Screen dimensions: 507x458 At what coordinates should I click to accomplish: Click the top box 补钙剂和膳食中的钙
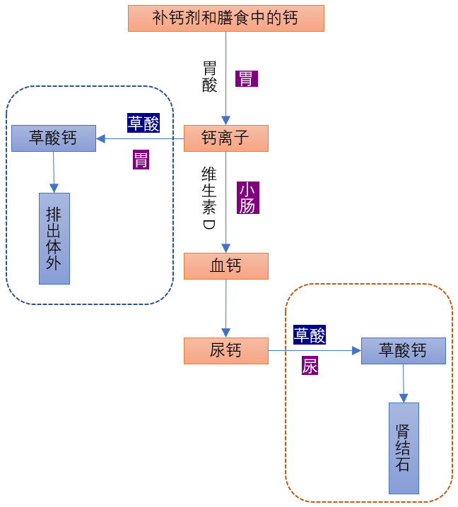tap(225, 18)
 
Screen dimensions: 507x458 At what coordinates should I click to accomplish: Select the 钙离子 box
tap(225, 138)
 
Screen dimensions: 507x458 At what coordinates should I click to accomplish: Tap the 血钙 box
tap(225, 266)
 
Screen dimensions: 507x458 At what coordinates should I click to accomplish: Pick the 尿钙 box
tap(225, 350)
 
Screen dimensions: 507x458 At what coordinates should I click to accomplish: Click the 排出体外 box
tap(54, 238)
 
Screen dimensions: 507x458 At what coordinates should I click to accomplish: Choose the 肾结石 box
tap(404, 448)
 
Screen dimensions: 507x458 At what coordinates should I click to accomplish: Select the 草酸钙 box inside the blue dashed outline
tap(54, 138)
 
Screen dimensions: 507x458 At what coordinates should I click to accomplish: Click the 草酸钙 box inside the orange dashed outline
tap(403, 350)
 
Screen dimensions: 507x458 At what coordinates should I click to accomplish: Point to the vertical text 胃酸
tap(210, 76)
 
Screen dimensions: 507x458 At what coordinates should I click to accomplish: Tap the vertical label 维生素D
tap(209, 198)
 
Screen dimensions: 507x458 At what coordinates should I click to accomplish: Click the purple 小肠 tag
tap(248, 198)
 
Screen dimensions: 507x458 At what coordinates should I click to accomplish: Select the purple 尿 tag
tap(310, 365)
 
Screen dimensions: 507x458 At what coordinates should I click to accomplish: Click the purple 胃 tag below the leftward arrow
tap(141, 160)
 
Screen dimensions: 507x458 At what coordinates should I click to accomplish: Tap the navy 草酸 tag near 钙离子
tap(143, 123)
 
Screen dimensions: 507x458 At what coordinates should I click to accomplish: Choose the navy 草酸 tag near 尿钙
tap(310, 335)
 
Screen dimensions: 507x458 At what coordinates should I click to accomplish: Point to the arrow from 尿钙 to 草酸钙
tap(315, 350)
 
